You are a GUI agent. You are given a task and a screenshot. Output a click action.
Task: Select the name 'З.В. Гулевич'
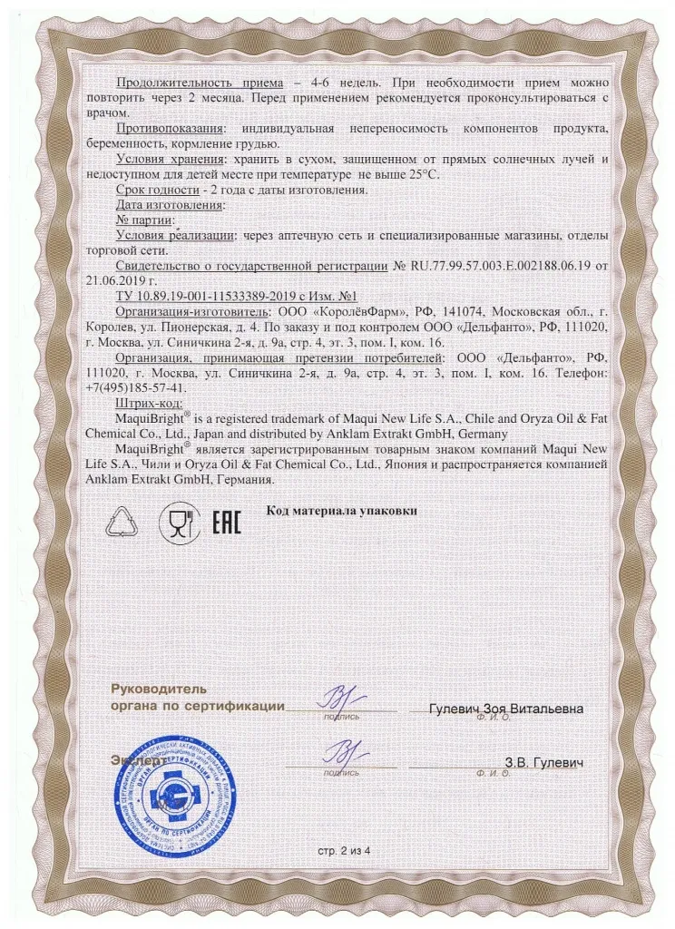(x=543, y=763)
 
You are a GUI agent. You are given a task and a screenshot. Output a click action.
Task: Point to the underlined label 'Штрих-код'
(x=151, y=402)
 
